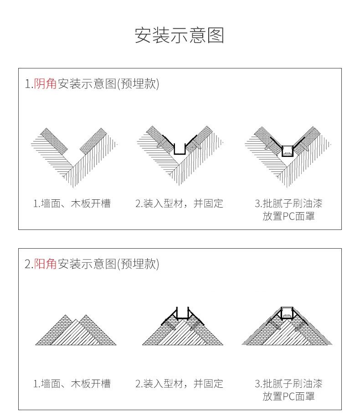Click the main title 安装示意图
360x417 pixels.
point(180,36)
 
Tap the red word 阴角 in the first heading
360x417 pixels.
point(45,83)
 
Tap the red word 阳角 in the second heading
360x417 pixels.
point(45,264)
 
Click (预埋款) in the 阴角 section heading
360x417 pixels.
point(138,83)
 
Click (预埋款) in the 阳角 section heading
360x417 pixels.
point(138,264)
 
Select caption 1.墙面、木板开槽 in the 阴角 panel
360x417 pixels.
point(72,203)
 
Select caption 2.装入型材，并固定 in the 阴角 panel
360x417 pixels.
point(179,203)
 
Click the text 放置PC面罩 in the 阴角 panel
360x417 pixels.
point(288,216)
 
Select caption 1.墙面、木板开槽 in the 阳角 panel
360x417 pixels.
point(72,384)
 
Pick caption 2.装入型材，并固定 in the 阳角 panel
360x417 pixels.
point(179,384)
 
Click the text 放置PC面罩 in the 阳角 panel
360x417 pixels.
point(288,396)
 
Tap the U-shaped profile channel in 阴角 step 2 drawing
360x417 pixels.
point(180,150)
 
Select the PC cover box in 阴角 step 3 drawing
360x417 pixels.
point(287,151)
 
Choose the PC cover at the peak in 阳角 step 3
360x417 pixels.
point(287,313)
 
